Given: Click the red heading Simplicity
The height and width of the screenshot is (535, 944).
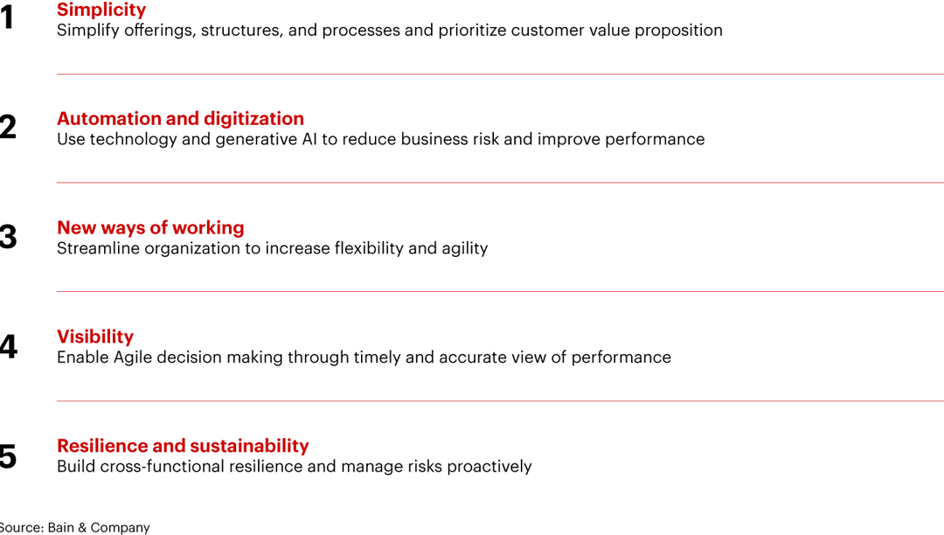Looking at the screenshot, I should click(101, 10).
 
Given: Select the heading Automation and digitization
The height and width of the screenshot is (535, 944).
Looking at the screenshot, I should click(180, 119).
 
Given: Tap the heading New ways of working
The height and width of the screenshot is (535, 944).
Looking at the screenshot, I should click(150, 228).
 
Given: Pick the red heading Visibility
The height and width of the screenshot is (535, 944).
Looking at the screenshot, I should click(95, 337).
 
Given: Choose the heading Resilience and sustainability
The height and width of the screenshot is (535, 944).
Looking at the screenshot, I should click(183, 446).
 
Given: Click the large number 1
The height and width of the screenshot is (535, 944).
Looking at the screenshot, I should click(7, 17).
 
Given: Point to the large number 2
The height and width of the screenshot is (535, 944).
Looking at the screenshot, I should click(8, 128).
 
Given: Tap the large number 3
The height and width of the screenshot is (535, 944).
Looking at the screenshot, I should click(8, 237).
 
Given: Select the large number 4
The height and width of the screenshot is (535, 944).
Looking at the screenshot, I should click(8, 347).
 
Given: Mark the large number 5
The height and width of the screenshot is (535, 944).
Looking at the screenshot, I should click(8, 456).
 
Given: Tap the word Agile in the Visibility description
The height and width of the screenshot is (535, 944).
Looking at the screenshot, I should click(132, 358).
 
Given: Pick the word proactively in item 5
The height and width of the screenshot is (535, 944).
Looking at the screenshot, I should click(489, 467).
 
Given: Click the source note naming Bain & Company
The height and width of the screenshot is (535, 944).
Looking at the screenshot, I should click(74, 527).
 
